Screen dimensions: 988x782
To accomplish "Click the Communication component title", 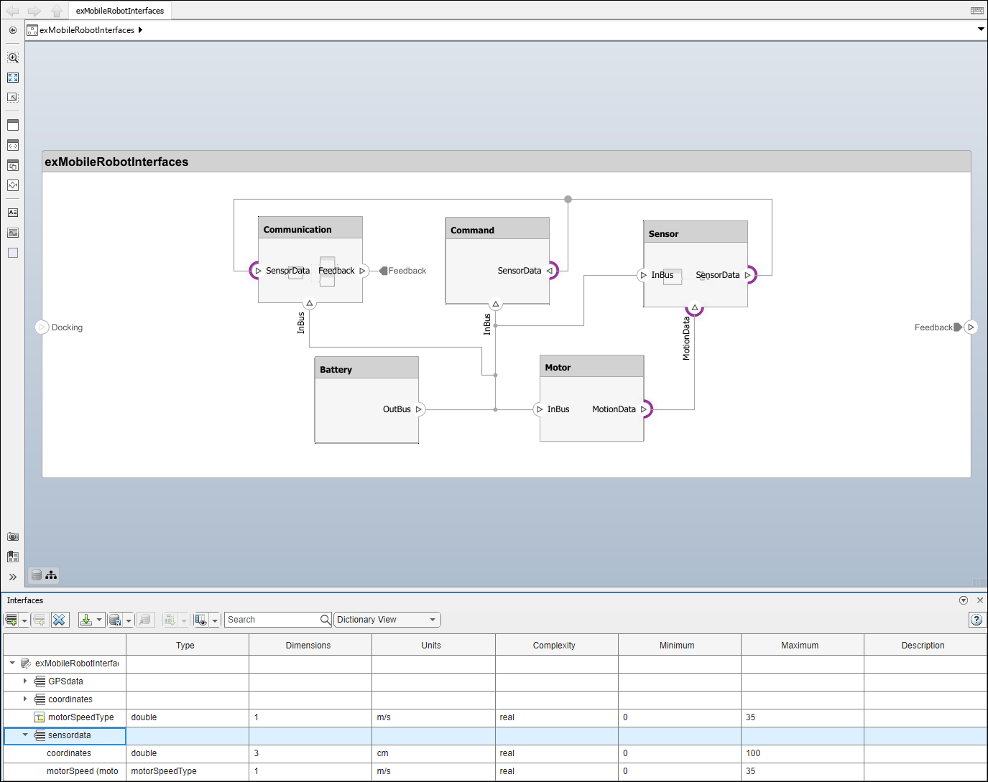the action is pos(297,230).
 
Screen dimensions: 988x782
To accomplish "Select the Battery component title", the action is pos(336,370).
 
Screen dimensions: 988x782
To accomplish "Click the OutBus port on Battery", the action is pos(418,409).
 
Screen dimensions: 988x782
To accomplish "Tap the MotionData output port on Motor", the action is pos(644,409).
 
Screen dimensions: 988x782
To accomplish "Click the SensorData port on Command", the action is pos(550,271).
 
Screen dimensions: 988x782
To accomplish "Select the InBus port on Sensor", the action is pos(644,275).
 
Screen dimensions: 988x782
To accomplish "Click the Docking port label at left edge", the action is pos(67,327).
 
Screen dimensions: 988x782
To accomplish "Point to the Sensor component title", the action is pos(663,234).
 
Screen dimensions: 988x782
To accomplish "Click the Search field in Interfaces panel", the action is pos(272,620).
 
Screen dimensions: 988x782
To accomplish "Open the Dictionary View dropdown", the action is pos(387,620).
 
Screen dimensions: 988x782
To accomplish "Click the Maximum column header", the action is pos(800,646).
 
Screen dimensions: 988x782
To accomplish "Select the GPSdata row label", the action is pos(65,681).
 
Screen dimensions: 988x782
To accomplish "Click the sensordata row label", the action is pos(70,735).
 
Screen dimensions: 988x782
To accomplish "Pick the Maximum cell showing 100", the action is pos(753,753).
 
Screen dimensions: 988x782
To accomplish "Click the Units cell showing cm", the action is pos(382,753).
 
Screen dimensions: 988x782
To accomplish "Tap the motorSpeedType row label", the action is pos(80,717).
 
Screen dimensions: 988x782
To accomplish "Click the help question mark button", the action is pos(976,620).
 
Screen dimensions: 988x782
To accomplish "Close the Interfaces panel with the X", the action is pos(980,600).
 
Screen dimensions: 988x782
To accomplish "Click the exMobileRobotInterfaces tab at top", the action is pos(120,11).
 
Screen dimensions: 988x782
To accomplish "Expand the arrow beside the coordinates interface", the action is pos(25,699).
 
